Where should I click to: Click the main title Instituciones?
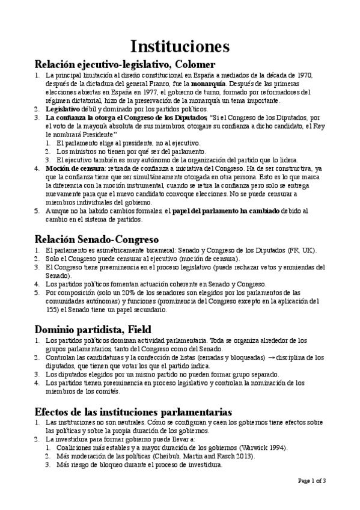coord(180,47)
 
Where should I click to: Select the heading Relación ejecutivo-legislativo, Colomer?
coord(125,64)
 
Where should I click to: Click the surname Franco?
coord(165,84)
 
